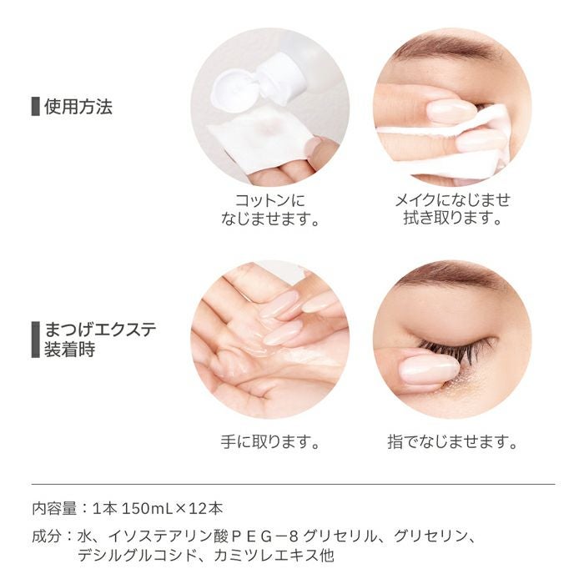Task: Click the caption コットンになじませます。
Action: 270,210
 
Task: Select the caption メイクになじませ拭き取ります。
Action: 451,210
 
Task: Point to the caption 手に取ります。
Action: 270,441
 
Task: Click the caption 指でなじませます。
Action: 451,441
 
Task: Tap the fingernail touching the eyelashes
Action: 427,369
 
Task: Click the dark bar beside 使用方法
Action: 35,107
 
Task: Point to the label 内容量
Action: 54,508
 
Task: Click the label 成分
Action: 48,536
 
